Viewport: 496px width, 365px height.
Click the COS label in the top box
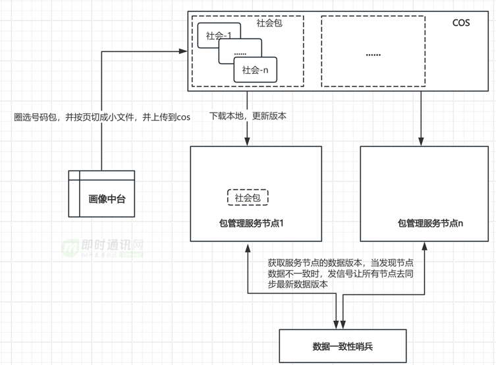[461, 23]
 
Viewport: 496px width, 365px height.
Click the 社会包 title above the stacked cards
[269, 23]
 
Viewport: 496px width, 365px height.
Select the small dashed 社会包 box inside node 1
[248, 197]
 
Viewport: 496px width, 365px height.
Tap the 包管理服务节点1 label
[250, 223]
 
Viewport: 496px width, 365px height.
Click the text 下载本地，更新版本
[248, 116]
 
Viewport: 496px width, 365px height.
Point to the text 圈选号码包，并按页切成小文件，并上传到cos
[101, 117]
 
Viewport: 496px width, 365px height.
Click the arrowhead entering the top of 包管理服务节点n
[421, 142]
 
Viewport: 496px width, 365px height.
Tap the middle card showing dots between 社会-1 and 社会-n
[240, 52]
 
